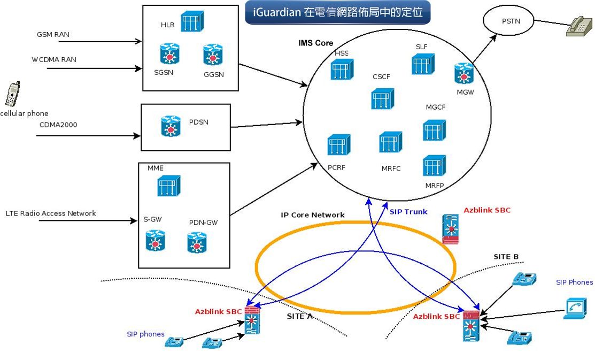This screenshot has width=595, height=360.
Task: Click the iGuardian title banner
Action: pos(337,13)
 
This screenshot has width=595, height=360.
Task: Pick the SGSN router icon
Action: pos(169,53)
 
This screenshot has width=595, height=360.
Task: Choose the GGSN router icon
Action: pos(213,55)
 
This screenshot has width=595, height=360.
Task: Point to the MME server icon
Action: pos(168,185)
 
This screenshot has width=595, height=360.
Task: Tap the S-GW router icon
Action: pos(155,240)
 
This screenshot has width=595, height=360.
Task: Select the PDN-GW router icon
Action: pos(197,242)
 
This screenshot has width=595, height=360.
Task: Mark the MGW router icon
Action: pos(464,73)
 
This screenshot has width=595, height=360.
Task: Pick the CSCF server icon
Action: pos(382,99)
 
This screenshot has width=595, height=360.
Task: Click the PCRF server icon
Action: pos(338,145)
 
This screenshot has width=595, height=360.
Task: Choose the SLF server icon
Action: pos(423,64)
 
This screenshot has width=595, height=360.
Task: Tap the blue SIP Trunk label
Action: pos(408,212)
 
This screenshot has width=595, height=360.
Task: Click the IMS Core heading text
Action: pos(315,43)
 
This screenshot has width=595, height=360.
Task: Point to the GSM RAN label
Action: pos(53,35)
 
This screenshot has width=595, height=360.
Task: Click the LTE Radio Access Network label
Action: pos(51,213)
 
